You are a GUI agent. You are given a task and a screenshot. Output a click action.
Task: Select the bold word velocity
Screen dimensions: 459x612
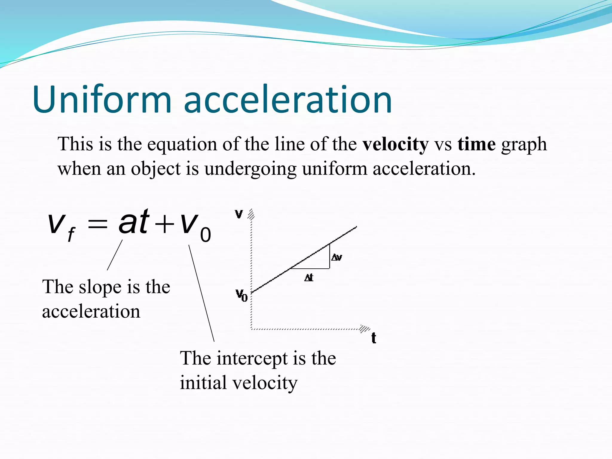pyautogui.click(x=395, y=145)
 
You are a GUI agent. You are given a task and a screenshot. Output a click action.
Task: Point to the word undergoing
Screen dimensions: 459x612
pyautogui.click(x=250, y=169)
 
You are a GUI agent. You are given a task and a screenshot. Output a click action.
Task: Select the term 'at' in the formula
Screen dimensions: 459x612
pyautogui.click(x=134, y=222)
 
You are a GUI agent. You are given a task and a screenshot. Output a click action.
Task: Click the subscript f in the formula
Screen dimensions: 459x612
pyautogui.click(x=71, y=235)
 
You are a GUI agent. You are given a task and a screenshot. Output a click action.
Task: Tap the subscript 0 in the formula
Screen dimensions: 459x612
pyautogui.click(x=205, y=235)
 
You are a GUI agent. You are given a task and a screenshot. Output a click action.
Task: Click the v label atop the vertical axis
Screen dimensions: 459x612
pyautogui.click(x=239, y=214)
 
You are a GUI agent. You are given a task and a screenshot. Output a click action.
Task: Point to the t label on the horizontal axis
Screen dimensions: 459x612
pyautogui.click(x=374, y=338)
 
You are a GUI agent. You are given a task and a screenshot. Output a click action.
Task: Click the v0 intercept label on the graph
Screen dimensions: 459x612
pyautogui.click(x=241, y=295)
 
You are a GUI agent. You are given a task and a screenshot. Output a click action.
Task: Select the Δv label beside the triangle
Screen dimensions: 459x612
pyautogui.click(x=337, y=257)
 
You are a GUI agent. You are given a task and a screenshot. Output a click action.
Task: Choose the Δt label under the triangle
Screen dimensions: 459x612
pyautogui.click(x=309, y=278)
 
